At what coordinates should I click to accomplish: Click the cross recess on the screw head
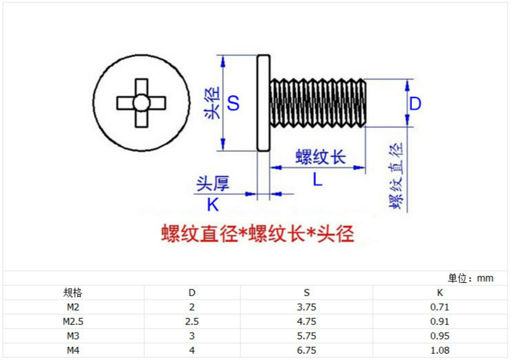coord(141,103)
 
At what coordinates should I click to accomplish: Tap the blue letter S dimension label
coord(234,104)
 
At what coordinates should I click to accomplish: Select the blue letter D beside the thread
coord(416,104)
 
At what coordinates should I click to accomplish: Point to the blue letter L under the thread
coord(317,180)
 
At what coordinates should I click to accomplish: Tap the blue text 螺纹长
coord(320,157)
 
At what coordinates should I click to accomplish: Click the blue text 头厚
coord(212,183)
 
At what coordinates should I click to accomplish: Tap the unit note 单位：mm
coord(471,278)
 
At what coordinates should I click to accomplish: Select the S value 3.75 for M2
coord(306,307)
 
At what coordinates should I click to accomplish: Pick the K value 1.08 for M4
coord(440,350)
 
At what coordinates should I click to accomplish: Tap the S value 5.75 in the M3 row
coord(306,336)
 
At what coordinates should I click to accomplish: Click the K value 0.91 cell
coord(440,322)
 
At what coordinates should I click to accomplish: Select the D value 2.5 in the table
coord(192,322)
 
